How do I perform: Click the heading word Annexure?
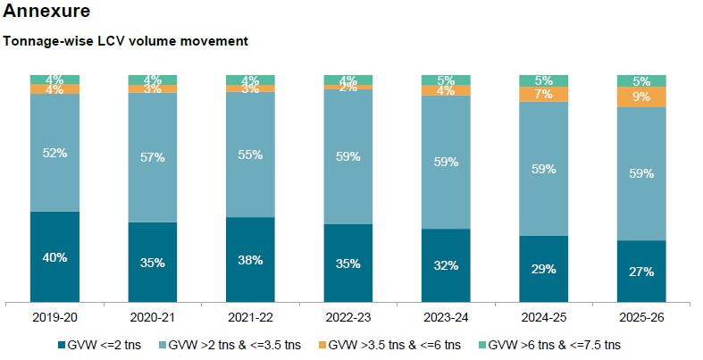(46, 13)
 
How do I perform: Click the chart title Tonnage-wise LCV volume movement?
(125, 41)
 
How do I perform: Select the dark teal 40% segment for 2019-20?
(54, 257)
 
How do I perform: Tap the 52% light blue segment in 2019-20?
(54, 153)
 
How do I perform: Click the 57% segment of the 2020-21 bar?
(153, 157)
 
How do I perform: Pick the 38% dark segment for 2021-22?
(250, 260)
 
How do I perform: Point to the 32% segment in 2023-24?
(446, 265)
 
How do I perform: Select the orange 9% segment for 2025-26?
(641, 96)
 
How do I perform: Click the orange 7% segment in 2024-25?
(543, 94)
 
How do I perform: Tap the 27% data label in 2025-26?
(641, 272)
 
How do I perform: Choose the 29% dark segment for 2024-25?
(543, 269)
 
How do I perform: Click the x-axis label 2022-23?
(347, 318)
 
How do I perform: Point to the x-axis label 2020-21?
(153, 318)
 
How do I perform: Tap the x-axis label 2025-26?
(641, 318)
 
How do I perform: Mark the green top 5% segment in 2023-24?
(446, 80)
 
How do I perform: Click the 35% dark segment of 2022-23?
(347, 264)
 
